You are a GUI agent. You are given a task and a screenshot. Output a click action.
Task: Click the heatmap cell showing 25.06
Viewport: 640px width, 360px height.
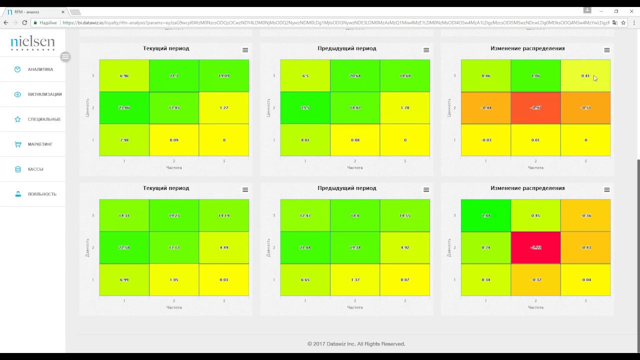click(124, 107)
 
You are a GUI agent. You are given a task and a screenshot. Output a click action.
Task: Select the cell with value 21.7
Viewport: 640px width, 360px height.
click(174, 75)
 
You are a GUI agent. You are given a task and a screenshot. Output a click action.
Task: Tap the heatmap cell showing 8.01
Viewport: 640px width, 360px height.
click(305, 140)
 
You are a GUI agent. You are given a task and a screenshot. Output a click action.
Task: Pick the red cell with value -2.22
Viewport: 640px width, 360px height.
click(535, 247)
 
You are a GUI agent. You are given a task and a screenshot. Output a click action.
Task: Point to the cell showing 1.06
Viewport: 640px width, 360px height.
click(535, 75)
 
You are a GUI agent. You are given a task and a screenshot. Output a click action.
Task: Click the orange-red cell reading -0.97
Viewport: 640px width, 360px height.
click(535, 107)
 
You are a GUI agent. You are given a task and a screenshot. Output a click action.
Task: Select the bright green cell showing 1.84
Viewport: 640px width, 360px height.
click(485, 215)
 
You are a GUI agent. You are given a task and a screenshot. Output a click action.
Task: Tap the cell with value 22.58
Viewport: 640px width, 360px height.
click(124, 247)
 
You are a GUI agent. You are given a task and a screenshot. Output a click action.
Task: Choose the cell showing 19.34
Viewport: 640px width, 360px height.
click(355, 247)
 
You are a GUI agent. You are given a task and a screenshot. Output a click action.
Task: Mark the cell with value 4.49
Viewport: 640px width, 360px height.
click(224, 247)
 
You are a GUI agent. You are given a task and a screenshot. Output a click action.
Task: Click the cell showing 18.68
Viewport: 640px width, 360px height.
click(405, 75)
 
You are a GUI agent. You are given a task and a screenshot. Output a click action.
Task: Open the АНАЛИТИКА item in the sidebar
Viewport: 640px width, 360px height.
click(40, 69)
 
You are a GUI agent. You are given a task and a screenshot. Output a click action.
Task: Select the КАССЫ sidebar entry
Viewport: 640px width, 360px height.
click(35, 169)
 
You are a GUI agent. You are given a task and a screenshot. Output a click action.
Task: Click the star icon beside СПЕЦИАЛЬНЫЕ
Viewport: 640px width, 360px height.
click(17, 119)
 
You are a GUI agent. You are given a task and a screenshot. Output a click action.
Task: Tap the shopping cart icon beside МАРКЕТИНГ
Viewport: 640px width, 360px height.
click(17, 144)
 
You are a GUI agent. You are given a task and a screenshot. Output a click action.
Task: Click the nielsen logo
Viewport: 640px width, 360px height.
click(32, 43)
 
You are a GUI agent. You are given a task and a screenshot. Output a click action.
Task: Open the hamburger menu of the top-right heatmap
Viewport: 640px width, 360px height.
click(606, 50)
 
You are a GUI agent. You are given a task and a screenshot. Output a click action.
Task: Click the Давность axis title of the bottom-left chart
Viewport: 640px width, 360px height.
click(87, 247)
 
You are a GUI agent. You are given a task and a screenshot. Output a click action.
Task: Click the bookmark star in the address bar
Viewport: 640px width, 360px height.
click(623, 22)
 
